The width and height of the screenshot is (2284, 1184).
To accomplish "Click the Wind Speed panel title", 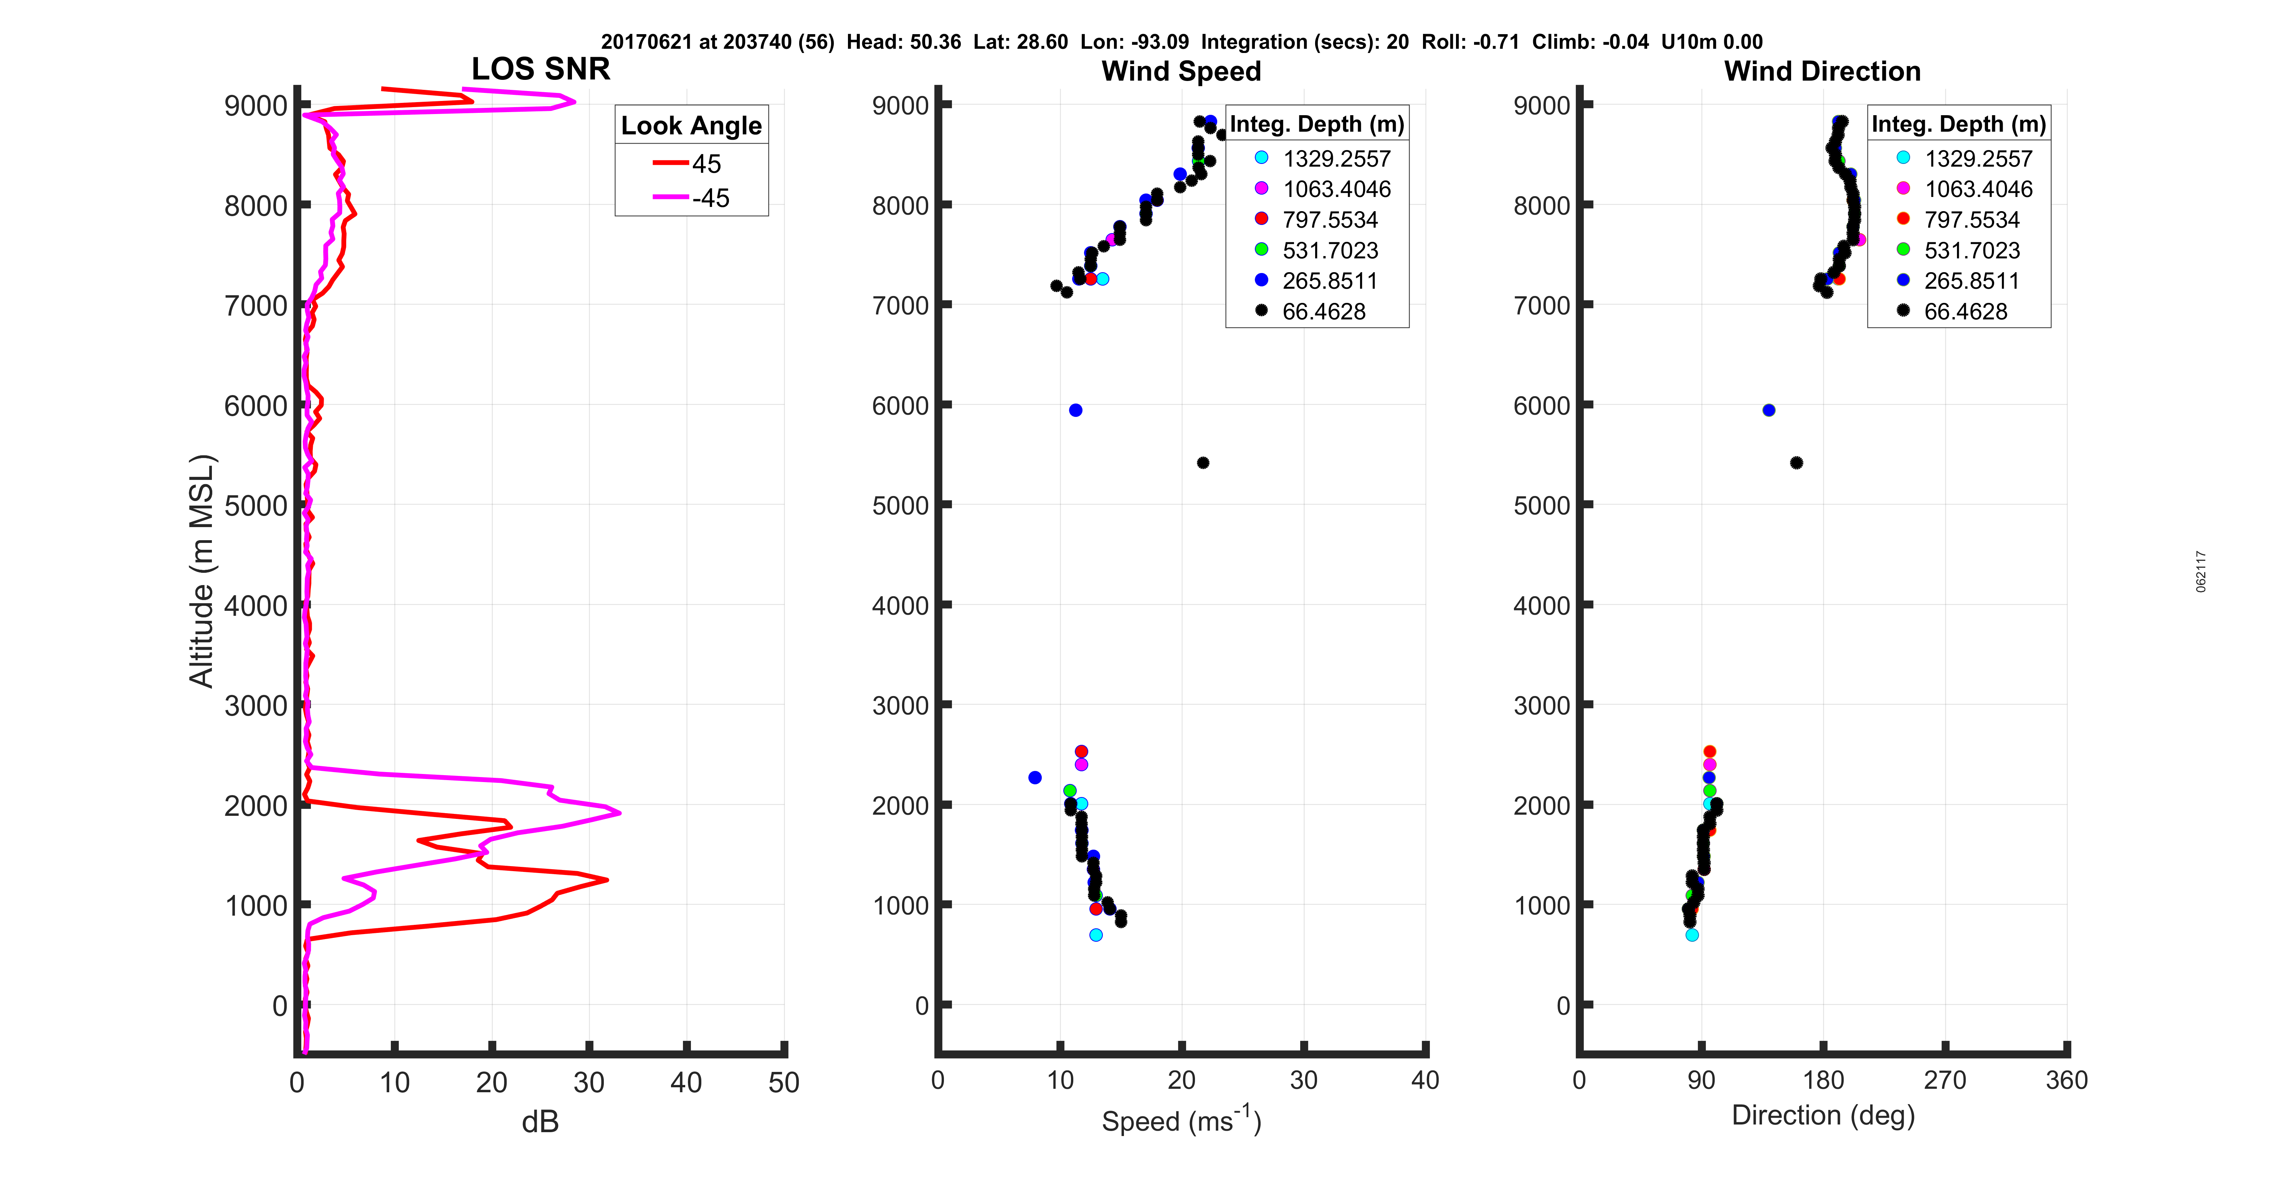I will click(1181, 71).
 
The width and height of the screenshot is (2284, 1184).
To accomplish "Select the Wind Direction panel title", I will click(1822, 71).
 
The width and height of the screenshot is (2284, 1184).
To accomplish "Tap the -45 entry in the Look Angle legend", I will click(709, 198).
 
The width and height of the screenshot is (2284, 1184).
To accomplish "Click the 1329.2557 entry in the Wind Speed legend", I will click(1336, 159).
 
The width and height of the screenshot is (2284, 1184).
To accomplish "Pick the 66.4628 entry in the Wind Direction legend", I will click(1965, 311).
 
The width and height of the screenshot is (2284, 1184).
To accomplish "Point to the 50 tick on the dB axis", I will click(784, 1082).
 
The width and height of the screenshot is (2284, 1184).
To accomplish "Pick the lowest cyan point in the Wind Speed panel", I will click(1096, 935).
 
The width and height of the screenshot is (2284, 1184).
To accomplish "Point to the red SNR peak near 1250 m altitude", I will click(607, 880).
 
